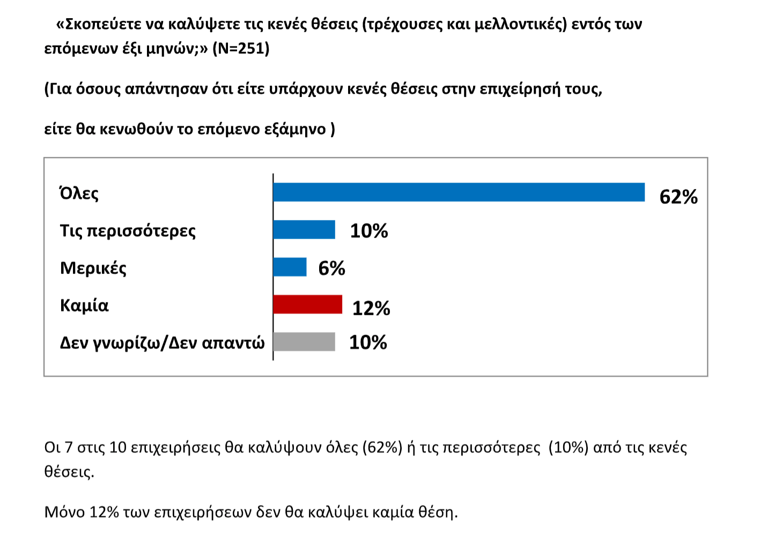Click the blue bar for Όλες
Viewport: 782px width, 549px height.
click(459, 192)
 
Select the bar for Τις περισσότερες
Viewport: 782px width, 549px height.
click(304, 229)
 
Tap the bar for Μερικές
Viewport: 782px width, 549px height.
click(290, 267)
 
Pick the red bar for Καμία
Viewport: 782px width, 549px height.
click(307, 304)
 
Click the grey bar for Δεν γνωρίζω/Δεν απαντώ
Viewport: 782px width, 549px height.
click(304, 342)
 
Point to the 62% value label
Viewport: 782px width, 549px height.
click(678, 197)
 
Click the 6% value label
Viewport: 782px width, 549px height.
click(331, 268)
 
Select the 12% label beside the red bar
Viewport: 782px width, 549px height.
click(371, 308)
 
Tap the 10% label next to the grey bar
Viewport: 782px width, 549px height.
click(368, 342)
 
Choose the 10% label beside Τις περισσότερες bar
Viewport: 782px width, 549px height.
click(369, 231)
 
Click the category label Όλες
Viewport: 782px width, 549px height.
click(79, 193)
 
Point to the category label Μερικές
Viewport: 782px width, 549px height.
click(93, 268)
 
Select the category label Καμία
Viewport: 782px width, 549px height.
click(84, 305)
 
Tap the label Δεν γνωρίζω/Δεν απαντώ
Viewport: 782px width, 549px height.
click(162, 343)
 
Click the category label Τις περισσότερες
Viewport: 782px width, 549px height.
click(128, 231)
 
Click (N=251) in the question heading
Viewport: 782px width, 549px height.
click(241, 49)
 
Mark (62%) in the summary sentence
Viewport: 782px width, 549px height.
click(382, 447)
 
